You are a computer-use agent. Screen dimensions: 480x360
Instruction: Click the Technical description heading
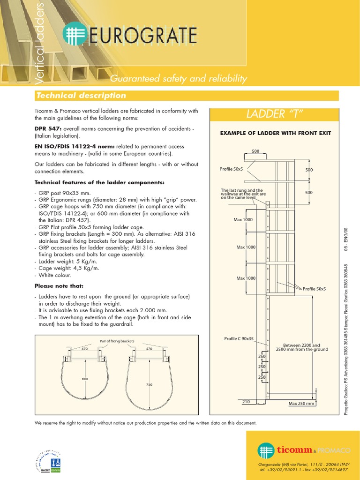[81, 96]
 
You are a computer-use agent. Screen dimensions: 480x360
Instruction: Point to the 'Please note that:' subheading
[59, 285]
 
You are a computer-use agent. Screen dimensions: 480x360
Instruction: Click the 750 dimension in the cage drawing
[149, 384]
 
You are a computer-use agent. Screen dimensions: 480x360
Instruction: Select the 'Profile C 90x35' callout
[239, 338]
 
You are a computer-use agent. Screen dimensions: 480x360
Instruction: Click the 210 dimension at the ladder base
[246, 402]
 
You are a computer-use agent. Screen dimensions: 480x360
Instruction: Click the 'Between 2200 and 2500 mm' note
[302, 347]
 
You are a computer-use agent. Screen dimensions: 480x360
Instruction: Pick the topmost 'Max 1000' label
[243, 219]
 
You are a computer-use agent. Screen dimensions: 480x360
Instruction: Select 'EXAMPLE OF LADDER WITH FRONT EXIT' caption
[276, 133]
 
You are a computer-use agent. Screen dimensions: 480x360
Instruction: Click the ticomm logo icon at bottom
[266, 450]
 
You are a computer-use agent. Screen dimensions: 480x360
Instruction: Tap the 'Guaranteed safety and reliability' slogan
[178, 79]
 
